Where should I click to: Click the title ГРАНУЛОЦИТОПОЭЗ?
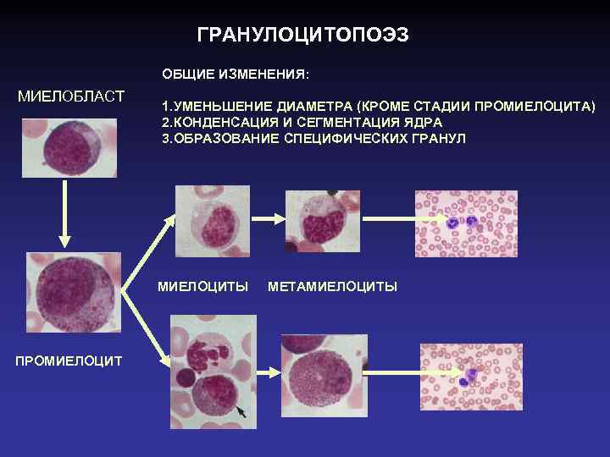[302, 35]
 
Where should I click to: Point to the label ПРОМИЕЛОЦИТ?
[69, 361]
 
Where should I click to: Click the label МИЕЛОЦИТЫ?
[202, 286]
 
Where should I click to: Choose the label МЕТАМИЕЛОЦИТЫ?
[332, 286]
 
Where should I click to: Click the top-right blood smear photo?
[465, 223]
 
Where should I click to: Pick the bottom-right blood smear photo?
[473, 378]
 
